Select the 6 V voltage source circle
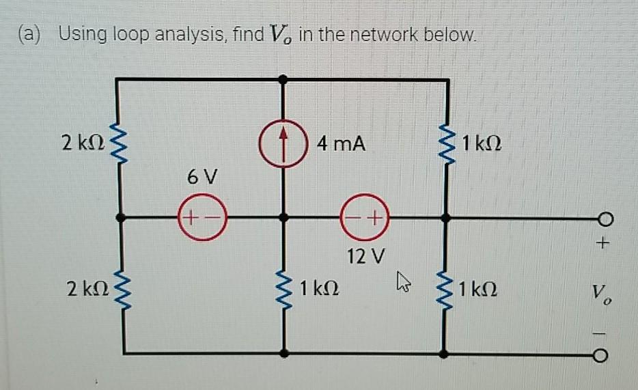[x=202, y=219]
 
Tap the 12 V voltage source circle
[x=364, y=219]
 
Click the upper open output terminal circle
[x=601, y=219]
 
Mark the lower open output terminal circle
[x=601, y=354]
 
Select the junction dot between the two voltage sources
[x=284, y=219]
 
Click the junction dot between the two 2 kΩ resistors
[x=121, y=219]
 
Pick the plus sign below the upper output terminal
[x=602, y=242]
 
